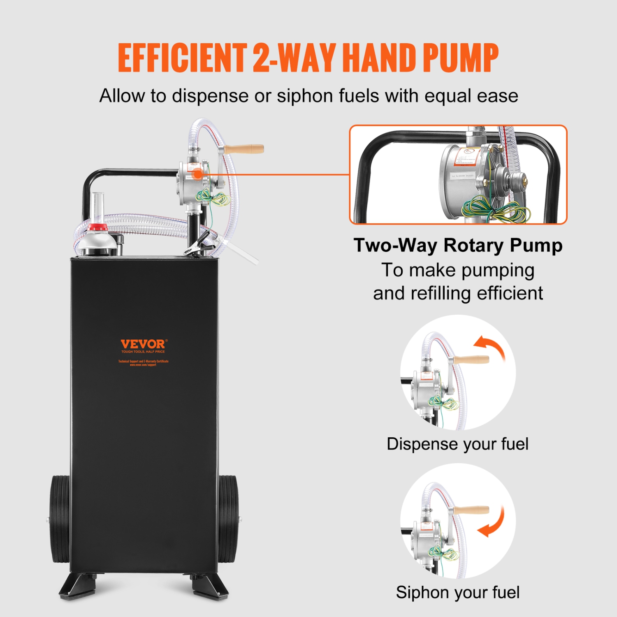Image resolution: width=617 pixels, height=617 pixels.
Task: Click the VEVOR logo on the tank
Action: pos(144,344)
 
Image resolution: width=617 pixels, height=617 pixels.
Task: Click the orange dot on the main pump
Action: pos(198,174)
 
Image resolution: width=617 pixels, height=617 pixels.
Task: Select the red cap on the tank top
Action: pos(97,227)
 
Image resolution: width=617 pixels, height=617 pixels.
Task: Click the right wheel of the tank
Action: pos(227,520)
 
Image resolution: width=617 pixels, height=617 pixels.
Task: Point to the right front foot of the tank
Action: pos(209,586)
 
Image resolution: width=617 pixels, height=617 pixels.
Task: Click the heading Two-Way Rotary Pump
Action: pos(458,245)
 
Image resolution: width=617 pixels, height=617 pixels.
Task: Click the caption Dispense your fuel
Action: pos(457,444)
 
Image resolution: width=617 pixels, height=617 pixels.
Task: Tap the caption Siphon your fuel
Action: pos(457,593)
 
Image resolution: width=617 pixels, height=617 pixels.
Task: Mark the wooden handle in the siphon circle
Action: pos(472,510)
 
